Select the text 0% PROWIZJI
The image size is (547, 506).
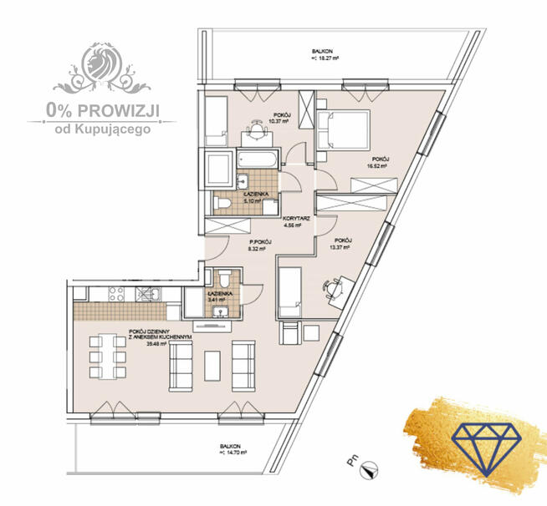coord(102,109)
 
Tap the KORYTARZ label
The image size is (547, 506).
coord(297,219)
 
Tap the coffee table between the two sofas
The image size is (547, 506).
coord(213,367)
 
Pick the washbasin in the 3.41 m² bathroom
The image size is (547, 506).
coord(222,311)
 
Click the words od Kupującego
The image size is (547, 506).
coord(102,129)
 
